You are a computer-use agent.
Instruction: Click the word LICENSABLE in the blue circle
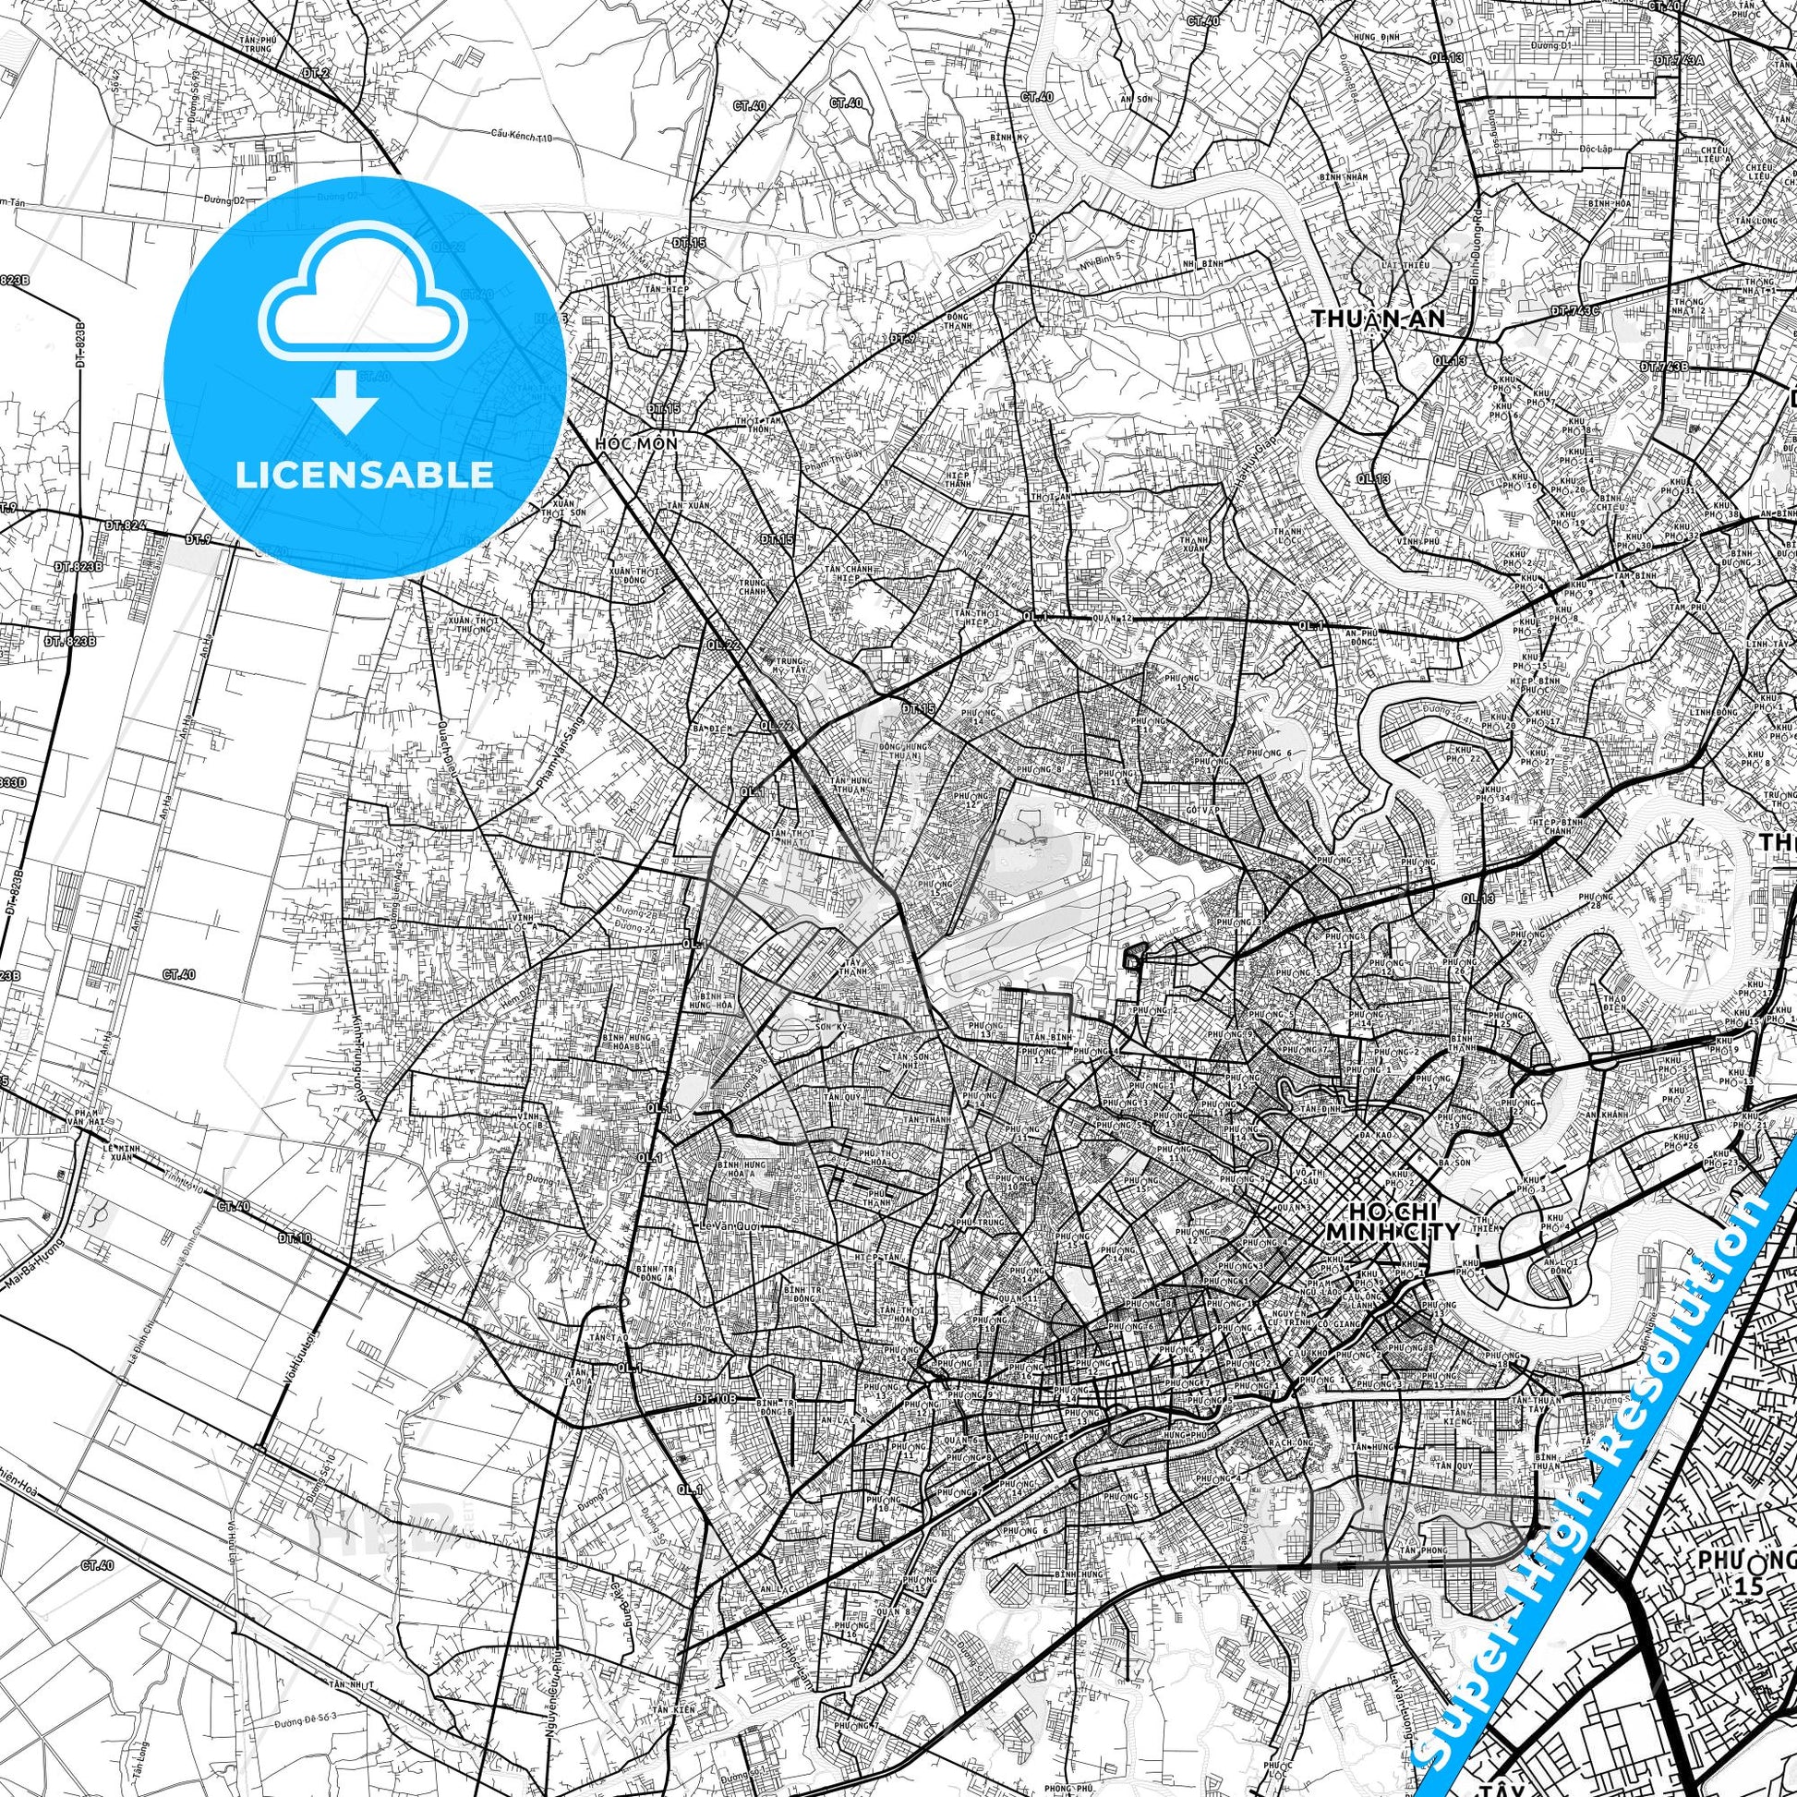(x=365, y=475)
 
